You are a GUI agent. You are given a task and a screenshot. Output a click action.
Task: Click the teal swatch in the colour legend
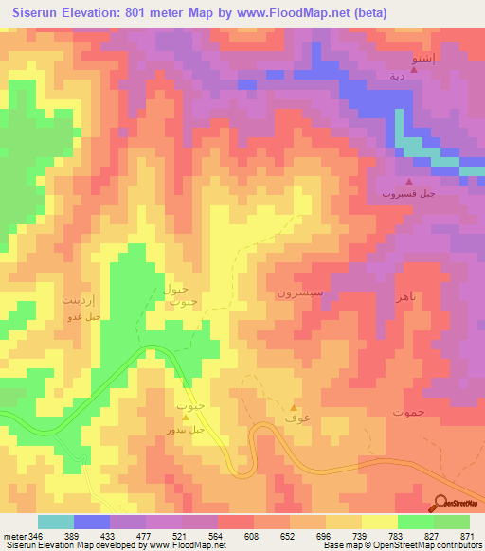point(55,522)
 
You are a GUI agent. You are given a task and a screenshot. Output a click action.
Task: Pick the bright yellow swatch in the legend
point(379,522)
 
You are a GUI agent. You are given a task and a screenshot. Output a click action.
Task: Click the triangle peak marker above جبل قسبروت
point(408,182)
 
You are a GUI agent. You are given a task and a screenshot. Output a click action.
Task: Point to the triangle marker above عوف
point(294,407)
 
